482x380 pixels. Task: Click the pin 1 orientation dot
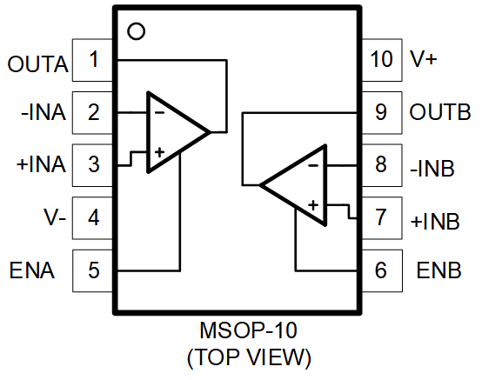136,31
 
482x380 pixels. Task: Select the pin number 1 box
92,60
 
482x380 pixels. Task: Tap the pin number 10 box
382,60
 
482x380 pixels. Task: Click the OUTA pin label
37,64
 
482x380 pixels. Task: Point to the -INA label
44,112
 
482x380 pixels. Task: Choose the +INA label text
41,164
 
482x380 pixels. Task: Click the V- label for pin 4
55,217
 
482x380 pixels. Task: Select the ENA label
32,270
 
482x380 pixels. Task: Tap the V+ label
424,58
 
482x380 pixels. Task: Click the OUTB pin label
440,111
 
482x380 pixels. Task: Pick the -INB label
432,169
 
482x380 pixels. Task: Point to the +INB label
435,222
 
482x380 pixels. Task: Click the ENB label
439,270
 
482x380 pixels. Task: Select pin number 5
94,270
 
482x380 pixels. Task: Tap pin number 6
381,270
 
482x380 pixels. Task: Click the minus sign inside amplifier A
159,113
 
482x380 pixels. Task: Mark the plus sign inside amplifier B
313,205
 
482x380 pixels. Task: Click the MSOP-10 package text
248,330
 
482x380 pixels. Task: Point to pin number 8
381,164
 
